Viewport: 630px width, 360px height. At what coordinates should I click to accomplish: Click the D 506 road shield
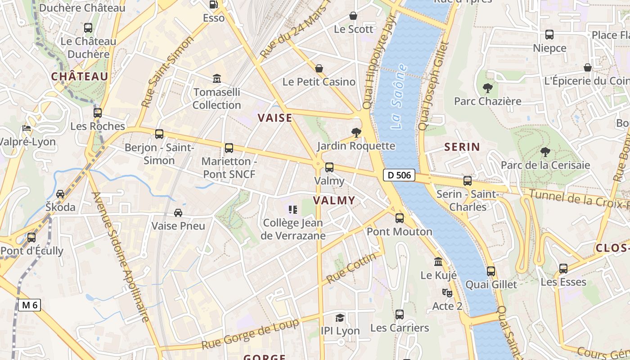coord(399,175)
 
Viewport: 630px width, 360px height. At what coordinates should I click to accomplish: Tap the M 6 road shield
coord(30,305)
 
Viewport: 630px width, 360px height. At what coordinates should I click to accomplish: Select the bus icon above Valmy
coord(329,167)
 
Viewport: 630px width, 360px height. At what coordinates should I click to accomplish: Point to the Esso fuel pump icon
coord(214,4)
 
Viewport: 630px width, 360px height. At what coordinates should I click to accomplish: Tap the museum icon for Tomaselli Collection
coord(217,79)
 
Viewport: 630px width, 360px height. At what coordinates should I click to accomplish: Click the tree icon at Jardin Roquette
coord(356,132)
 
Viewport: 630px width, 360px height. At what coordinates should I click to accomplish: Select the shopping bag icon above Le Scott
coord(353,16)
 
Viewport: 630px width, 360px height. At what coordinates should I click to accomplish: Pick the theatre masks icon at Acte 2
coord(447,293)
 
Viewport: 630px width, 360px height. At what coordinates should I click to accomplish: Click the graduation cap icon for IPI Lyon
coord(340,318)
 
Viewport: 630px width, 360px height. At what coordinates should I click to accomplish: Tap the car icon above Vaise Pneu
coord(178,212)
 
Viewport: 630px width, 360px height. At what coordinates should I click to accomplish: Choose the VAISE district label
coord(275,118)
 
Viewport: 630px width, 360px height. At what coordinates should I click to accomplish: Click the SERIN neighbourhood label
coord(462,147)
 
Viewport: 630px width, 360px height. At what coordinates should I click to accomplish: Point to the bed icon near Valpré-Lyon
coord(27,129)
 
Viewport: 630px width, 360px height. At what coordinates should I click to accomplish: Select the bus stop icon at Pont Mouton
coord(400,218)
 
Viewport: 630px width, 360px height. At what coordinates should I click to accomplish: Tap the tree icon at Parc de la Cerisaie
coord(545,152)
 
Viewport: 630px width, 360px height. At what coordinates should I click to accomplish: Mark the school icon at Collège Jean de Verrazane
coord(293,209)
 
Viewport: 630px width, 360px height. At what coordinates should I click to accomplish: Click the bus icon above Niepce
coord(549,35)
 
